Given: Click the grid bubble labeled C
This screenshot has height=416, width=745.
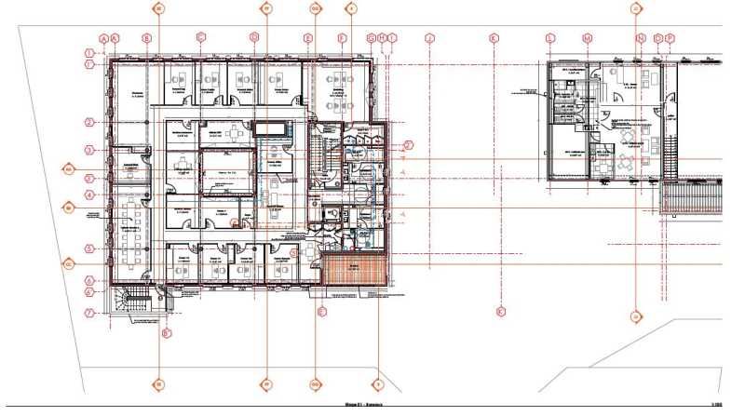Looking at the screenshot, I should [x=200, y=38].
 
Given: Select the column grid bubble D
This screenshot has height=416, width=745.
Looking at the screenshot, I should [x=253, y=38].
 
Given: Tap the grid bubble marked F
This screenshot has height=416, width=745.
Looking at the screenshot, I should [x=342, y=38].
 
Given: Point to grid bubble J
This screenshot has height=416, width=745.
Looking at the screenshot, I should [x=429, y=38].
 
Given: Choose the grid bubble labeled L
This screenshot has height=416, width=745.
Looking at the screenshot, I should [x=550, y=38].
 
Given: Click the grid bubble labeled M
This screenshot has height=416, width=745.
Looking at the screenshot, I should [x=588, y=38].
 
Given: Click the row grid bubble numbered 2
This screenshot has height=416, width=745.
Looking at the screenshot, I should [x=90, y=122].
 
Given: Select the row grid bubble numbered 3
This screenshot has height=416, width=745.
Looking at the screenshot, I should [x=90, y=150].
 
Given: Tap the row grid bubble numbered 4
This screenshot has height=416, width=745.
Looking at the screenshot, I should [x=90, y=195].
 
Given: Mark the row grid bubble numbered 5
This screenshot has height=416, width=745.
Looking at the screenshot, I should [x=90, y=248].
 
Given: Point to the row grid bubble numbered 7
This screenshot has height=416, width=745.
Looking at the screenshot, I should [x=90, y=313].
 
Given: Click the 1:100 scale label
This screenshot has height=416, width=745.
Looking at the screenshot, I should [x=718, y=406].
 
